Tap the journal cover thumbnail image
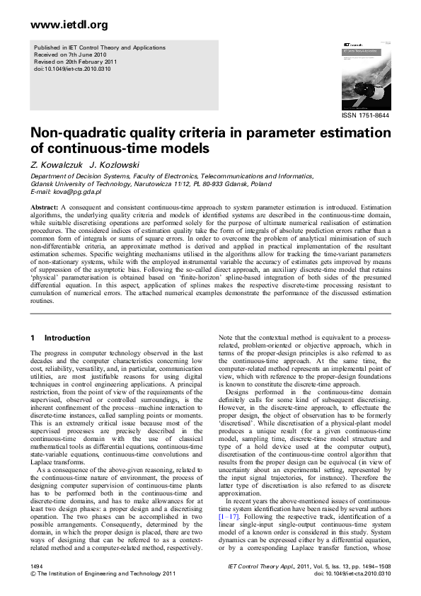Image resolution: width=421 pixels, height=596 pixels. click(x=365, y=74)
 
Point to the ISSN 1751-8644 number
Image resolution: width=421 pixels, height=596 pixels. click(x=366, y=115)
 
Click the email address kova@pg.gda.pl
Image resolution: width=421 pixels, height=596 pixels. click(x=67, y=191)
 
